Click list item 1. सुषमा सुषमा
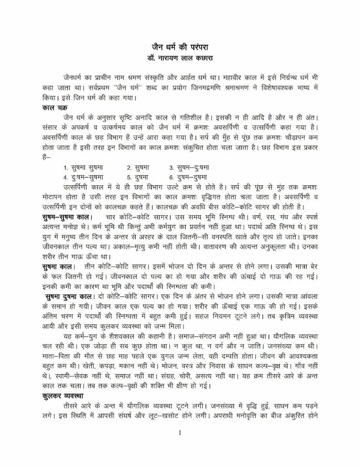click(83, 168)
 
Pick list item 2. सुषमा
click(138, 168)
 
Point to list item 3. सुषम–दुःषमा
click(189, 168)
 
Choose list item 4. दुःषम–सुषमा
click(83, 177)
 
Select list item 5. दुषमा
click(138, 177)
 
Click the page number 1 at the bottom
click(180, 433)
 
